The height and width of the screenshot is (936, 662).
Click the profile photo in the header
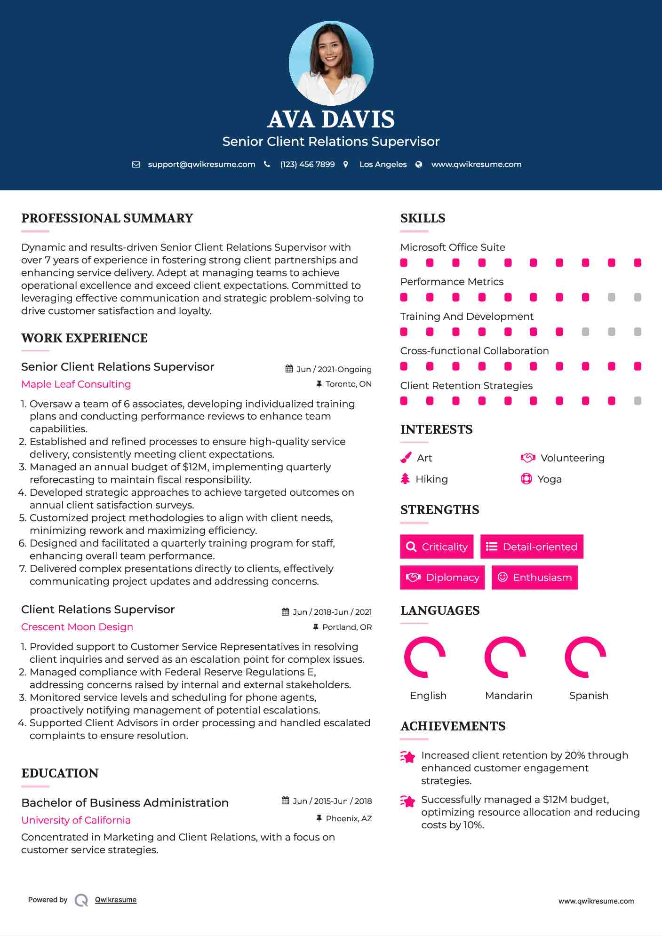331,63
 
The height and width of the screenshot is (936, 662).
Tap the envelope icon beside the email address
136,165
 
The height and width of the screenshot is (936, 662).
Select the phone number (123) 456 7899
307,165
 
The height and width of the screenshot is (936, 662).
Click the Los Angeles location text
383,165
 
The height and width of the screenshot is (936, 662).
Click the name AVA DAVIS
331,119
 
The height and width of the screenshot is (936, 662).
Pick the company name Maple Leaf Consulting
76,384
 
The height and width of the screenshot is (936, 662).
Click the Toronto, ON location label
348,384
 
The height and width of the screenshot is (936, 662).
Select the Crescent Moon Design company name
77,627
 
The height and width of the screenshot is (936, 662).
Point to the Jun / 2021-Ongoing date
334,370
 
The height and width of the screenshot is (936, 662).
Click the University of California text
76,820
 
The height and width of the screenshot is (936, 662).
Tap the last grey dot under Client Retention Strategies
638,401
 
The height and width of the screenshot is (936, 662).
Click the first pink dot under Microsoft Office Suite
404,263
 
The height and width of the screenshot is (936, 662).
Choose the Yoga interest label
549,479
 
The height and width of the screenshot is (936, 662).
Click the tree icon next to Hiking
405,479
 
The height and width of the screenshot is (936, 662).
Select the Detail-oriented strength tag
532,547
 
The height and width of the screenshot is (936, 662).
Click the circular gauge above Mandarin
505,657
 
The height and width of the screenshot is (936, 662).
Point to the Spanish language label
588,696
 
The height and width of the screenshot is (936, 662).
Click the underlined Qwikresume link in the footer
116,900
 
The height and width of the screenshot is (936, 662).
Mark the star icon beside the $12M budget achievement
407,801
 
